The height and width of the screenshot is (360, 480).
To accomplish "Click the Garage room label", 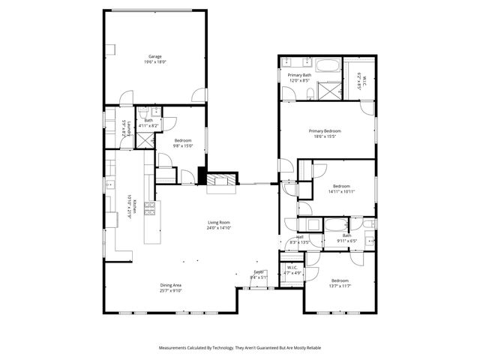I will [x=155, y=56].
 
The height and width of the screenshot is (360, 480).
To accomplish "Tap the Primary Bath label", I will [x=299, y=75].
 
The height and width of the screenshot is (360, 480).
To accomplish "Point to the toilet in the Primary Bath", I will [x=310, y=93].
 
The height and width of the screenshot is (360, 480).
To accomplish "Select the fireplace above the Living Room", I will [x=221, y=180].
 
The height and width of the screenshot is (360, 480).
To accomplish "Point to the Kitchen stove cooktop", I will [x=149, y=208].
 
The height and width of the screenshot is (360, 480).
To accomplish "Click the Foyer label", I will [x=259, y=271].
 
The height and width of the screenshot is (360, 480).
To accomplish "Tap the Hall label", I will [x=299, y=236].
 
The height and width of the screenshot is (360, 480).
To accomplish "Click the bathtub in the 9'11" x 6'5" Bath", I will [x=334, y=224].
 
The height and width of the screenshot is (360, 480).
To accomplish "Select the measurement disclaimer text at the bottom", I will [x=239, y=348].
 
